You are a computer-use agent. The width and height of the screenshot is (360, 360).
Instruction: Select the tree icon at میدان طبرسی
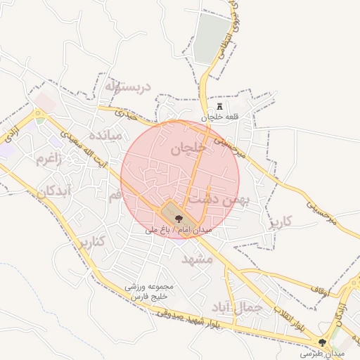323,342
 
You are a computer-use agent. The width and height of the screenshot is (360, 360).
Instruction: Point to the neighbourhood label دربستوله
128,87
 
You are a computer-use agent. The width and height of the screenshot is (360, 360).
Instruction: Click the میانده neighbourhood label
105,134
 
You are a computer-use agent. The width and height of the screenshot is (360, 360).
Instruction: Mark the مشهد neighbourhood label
197,259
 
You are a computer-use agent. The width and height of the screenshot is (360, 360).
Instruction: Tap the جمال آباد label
236,307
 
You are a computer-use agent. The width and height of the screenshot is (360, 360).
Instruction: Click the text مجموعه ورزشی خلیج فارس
149,292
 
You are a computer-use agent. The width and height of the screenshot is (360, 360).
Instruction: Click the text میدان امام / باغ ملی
179,229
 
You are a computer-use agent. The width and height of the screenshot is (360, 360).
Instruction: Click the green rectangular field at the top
212,38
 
